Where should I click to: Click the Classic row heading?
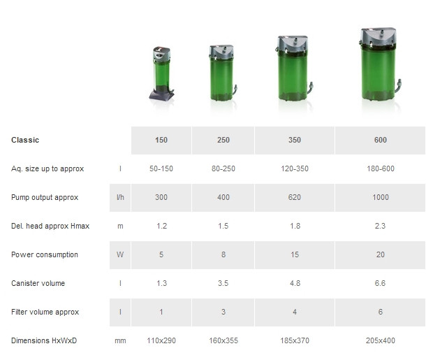point(25,140)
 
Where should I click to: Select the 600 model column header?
point(381,140)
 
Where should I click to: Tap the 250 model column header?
point(223,140)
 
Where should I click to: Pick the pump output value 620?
point(295,197)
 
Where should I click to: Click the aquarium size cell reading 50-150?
point(161,168)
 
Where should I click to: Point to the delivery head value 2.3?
point(380,226)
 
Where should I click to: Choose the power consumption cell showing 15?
point(295,254)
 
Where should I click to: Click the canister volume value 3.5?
point(223,283)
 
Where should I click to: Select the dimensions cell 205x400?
point(381,340)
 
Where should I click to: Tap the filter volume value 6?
point(381,312)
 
